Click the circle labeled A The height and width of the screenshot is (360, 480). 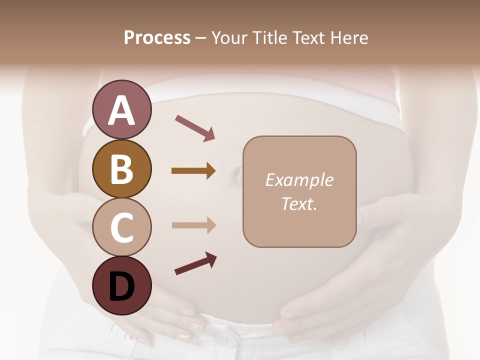121,109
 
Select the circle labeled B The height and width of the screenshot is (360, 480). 121,168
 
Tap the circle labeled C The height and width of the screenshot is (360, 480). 121,227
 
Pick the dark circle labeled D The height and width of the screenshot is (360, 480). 121,285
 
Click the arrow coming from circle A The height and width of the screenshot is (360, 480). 195,128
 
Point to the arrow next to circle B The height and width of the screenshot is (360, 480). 193,171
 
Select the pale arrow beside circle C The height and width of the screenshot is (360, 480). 193,225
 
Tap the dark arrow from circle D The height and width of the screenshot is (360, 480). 195,263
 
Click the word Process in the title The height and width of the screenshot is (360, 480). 157,38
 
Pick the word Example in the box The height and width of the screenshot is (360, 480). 299,180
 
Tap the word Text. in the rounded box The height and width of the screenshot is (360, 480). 299,203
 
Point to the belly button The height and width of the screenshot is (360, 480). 236,174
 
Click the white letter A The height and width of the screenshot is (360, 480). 121,110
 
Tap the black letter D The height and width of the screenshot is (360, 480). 121,286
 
